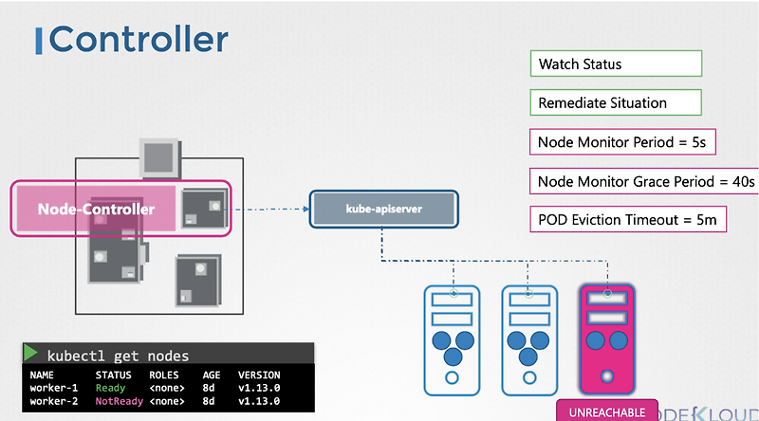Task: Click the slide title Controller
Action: pos(139,41)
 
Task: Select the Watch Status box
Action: pos(616,64)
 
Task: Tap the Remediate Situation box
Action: pos(616,102)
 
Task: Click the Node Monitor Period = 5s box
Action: pos(621,142)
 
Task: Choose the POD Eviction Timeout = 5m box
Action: pos(626,220)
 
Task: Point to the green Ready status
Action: pos(110,388)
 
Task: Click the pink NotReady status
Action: pos(117,401)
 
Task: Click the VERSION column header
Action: pos(258,375)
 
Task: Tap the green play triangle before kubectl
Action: pos(30,354)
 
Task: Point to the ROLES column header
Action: pos(164,375)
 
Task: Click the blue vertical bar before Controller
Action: pos(39,41)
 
